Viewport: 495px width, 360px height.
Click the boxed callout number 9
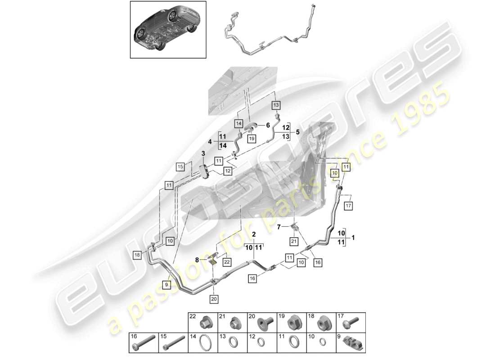tap(166, 284)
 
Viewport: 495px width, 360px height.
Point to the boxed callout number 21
tap(294, 242)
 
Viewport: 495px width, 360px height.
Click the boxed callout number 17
tap(348, 206)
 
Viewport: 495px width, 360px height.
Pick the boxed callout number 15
tap(180, 167)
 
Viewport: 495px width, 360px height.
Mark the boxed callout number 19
tap(252, 139)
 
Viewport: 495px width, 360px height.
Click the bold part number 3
tap(203, 154)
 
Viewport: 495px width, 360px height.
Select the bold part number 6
tap(268, 125)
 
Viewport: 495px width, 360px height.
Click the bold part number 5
tap(297, 132)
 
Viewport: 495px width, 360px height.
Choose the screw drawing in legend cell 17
tap(353, 323)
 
